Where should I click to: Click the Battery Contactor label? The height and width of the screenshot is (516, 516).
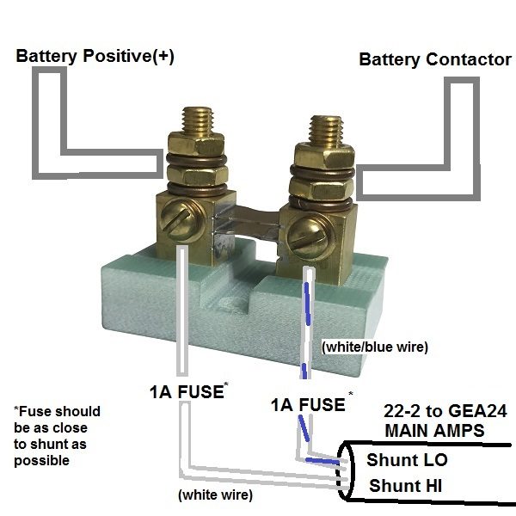coord(434,59)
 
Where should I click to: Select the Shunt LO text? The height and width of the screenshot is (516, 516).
coord(407,460)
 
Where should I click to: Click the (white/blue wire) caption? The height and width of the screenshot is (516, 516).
coord(373,348)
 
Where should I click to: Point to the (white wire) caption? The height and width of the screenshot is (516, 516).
coord(214,495)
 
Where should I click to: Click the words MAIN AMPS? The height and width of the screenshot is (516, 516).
coord(435,428)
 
